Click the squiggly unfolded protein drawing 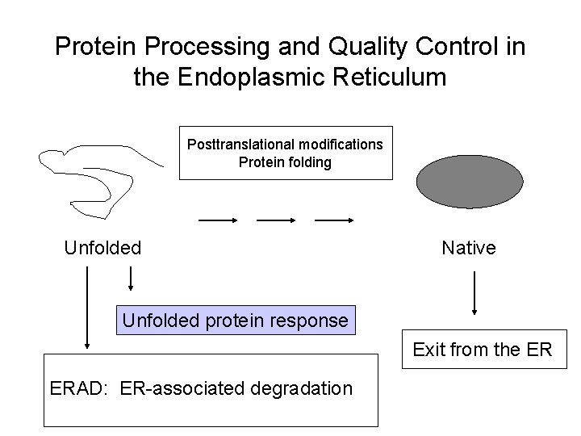point(89,178)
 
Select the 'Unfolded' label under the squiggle point(102,248)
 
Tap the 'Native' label point(469,248)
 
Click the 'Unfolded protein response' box point(235,321)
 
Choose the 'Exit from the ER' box point(483,350)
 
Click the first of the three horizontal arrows point(217,219)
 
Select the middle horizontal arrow point(276,219)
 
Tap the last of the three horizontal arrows point(335,219)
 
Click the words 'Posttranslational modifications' point(286,145)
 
